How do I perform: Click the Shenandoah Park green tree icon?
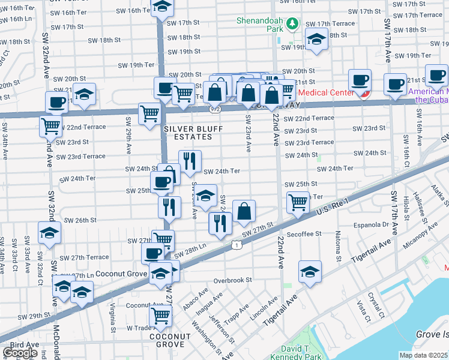point(292,23)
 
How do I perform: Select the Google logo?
point(20,353)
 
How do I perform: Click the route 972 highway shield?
point(214,109)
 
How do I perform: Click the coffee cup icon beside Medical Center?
point(360,80)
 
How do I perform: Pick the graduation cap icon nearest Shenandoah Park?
point(315,40)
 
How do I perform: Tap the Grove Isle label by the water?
point(432,334)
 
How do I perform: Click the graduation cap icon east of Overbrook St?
point(310,272)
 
